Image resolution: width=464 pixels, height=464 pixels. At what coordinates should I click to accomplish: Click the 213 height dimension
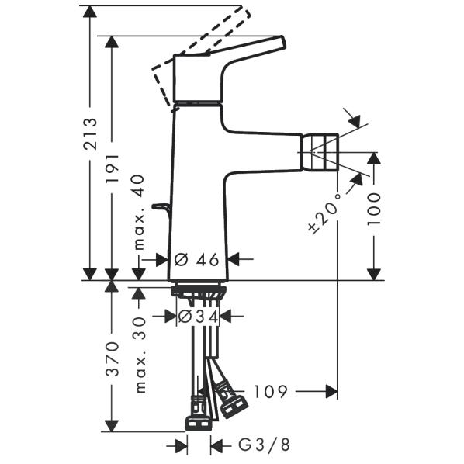pos(90,133)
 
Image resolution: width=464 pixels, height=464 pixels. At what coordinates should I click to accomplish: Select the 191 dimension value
pos(113,168)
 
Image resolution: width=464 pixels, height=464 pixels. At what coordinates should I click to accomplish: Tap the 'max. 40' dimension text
pos(139,212)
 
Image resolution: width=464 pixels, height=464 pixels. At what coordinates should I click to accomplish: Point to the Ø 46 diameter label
pos(197,260)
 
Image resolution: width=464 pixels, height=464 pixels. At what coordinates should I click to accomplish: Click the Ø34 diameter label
pos(199,317)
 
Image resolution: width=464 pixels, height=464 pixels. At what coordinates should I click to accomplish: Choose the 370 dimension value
pos(113,358)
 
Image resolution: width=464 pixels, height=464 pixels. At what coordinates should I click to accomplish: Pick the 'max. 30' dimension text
pos(140,355)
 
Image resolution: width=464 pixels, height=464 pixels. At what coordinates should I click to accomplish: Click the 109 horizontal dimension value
pos(271,392)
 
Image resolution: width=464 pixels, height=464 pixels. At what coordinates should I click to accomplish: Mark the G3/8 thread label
pos(264,445)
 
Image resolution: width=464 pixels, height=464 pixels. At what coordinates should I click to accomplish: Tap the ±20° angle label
pos(324,213)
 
